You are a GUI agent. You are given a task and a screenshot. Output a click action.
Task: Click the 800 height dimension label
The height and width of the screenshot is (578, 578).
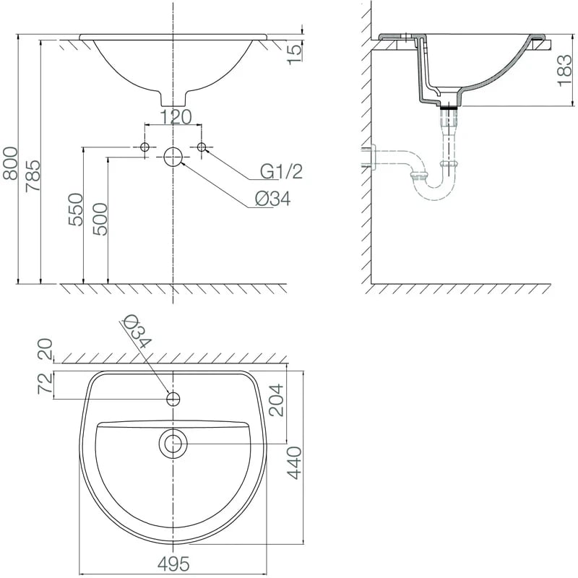point(10,163)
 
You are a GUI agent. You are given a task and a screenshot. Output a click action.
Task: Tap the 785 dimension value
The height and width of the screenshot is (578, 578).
point(33,176)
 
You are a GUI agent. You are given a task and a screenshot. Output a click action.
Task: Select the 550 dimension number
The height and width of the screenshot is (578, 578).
point(76,209)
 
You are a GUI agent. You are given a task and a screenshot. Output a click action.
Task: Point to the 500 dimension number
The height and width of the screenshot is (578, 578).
point(100,220)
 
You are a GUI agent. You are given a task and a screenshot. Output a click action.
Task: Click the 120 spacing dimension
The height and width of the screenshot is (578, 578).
point(176,117)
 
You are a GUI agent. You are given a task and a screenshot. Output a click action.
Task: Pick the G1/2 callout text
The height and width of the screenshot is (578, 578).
point(281,171)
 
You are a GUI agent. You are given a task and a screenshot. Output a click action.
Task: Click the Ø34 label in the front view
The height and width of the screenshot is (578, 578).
point(273,199)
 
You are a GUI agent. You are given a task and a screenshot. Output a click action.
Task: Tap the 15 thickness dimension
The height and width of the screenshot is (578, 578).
point(295,55)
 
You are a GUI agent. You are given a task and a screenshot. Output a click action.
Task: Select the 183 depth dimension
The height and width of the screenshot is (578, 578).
point(564,71)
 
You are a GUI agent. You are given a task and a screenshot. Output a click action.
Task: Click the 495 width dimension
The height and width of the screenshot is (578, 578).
point(173,564)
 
